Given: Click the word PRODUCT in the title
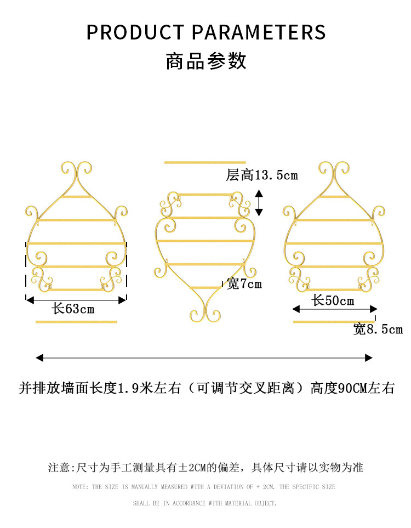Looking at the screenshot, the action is point(135,32).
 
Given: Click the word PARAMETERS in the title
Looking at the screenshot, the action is point(259,32).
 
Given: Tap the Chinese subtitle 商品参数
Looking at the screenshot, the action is point(206,61).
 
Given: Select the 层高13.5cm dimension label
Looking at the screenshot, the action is point(262,175).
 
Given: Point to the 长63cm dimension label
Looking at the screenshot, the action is point(73,309).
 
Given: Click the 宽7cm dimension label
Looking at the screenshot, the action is point(244,284).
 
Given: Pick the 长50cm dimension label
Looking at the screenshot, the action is point(333,300).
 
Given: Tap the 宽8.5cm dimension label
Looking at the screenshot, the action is point(378,329).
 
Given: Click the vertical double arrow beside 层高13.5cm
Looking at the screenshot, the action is point(259,203).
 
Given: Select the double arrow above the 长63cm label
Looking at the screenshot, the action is point(76,300).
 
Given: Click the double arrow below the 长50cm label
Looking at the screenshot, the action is point(335,309).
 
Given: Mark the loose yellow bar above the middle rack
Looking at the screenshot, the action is point(205,163).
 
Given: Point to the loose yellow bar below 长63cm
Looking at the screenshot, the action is point(76,322).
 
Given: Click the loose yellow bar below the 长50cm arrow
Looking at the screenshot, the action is point(334,322).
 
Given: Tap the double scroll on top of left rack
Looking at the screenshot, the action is point(76,172).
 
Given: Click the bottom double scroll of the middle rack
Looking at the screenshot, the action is point(205,311).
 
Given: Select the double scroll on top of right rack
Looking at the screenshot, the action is point(334,172).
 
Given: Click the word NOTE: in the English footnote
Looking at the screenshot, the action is point(81,486).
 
